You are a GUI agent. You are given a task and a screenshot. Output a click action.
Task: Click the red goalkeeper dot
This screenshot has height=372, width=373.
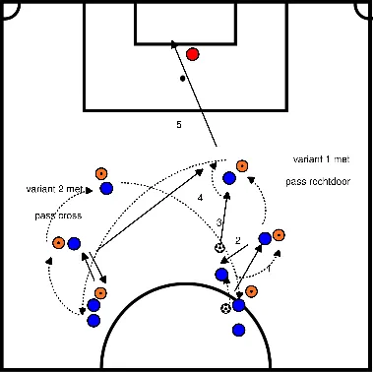193,54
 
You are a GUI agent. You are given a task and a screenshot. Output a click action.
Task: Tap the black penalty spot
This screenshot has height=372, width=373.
182,78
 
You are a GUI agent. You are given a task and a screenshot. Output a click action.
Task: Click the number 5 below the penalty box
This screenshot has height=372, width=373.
178,125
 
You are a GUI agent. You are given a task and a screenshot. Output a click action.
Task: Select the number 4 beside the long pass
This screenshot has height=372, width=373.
200,198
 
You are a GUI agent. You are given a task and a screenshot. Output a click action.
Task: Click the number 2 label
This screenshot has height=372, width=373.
237,240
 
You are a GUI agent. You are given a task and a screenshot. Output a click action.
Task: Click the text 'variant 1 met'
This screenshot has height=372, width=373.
318,159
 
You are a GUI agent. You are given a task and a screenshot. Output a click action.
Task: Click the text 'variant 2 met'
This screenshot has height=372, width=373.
55,190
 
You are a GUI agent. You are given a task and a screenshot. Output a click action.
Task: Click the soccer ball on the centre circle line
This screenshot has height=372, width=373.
227,309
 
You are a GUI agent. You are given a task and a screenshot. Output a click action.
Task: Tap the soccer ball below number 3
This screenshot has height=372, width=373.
219,247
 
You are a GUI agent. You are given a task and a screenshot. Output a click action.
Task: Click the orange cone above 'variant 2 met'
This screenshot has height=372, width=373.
100,174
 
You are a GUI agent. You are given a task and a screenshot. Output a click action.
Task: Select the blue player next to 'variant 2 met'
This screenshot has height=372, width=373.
105,188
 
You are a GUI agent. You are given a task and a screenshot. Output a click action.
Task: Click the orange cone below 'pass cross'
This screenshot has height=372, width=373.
58,242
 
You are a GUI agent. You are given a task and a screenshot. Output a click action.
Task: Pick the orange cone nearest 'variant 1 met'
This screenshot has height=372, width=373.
242,165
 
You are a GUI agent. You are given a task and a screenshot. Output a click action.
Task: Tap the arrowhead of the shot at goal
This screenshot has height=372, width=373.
173,44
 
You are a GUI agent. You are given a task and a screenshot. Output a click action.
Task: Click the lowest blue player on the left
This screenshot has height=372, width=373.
93,320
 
